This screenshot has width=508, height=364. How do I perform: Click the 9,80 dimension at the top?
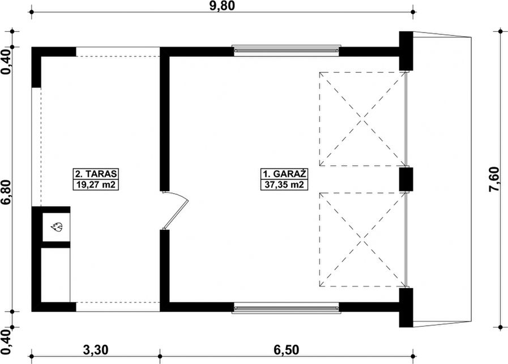222,6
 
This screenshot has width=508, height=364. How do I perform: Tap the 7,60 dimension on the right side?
494,179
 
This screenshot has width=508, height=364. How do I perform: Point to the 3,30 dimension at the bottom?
96,350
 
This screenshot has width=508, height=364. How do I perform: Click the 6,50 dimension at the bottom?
286,350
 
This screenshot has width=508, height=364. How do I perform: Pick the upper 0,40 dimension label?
7,62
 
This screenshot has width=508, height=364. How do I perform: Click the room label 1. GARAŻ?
284,174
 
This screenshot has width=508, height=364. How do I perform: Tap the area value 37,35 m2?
284,185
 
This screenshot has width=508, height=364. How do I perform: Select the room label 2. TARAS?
96,174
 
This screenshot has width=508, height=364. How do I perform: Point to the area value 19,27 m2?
96,185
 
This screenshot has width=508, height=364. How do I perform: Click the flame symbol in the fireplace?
57,227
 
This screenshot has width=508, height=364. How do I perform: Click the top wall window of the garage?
287,50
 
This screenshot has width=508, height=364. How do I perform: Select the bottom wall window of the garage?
287,307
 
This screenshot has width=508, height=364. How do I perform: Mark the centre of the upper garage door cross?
362,119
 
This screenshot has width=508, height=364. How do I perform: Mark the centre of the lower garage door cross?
362,240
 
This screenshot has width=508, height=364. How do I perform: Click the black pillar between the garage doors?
405,179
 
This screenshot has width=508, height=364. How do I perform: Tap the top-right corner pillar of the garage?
406,51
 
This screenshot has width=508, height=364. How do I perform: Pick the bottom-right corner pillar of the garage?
406,307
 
